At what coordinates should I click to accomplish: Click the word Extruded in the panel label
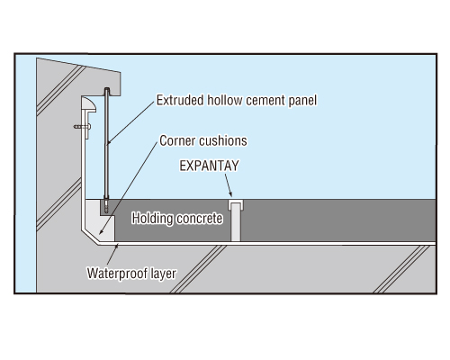180,100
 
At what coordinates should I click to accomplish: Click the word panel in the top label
302,101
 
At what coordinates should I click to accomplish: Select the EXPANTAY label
209,166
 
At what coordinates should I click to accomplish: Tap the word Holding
152,219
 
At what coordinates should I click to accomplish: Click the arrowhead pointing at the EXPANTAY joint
229,193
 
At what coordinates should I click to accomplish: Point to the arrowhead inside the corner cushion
102,231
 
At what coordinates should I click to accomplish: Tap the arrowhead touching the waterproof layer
117,247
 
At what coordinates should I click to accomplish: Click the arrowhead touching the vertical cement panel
109,141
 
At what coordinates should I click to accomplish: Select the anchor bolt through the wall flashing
82,127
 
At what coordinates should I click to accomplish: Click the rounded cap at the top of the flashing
89,104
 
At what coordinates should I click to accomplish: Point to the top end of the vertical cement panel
106,89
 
